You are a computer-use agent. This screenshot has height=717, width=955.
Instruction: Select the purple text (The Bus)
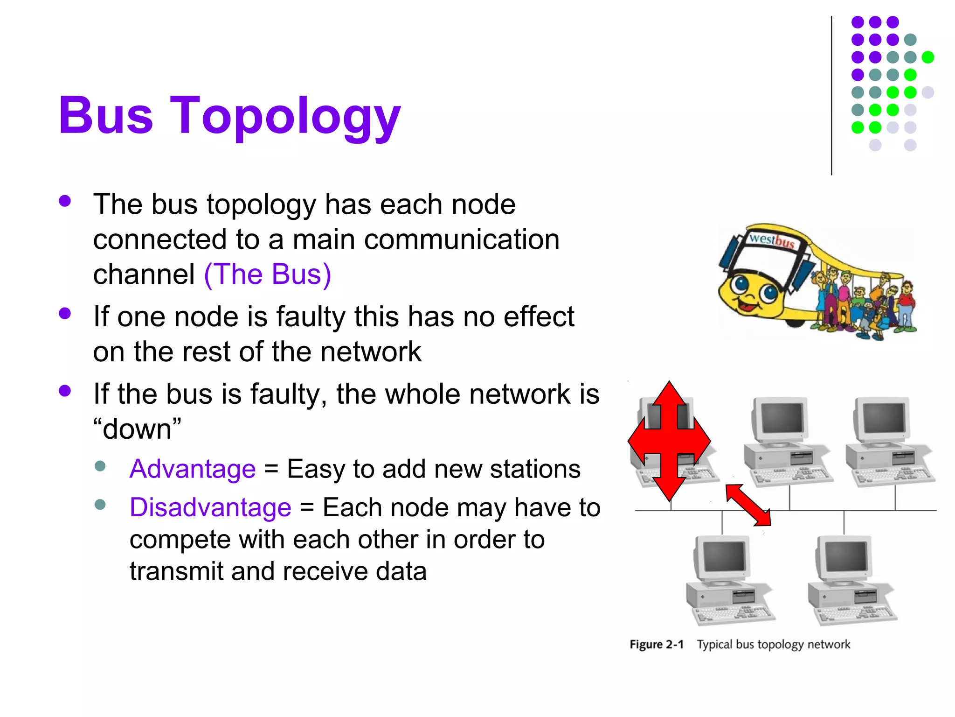[x=267, y=274]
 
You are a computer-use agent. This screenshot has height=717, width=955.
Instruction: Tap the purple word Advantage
[x=193, y=469]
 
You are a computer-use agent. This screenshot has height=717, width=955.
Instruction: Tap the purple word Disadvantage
[x=210, y=507]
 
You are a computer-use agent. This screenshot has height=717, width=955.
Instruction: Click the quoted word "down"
[x=137, y=429]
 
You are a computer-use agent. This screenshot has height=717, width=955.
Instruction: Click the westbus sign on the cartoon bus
[x=771, y=240]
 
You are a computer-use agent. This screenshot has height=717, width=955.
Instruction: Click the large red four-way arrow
[x=669, y=441]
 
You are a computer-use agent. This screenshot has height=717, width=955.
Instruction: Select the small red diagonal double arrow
[x=748, y=505]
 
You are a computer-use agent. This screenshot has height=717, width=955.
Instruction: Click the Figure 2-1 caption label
[x=656, y=645]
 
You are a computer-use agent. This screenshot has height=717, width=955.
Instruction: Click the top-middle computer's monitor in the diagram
[x=782, y=418]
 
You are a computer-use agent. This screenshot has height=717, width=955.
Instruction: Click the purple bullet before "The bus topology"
[x=65, y=201]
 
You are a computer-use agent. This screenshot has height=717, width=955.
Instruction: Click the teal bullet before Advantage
[x=100, y=466]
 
